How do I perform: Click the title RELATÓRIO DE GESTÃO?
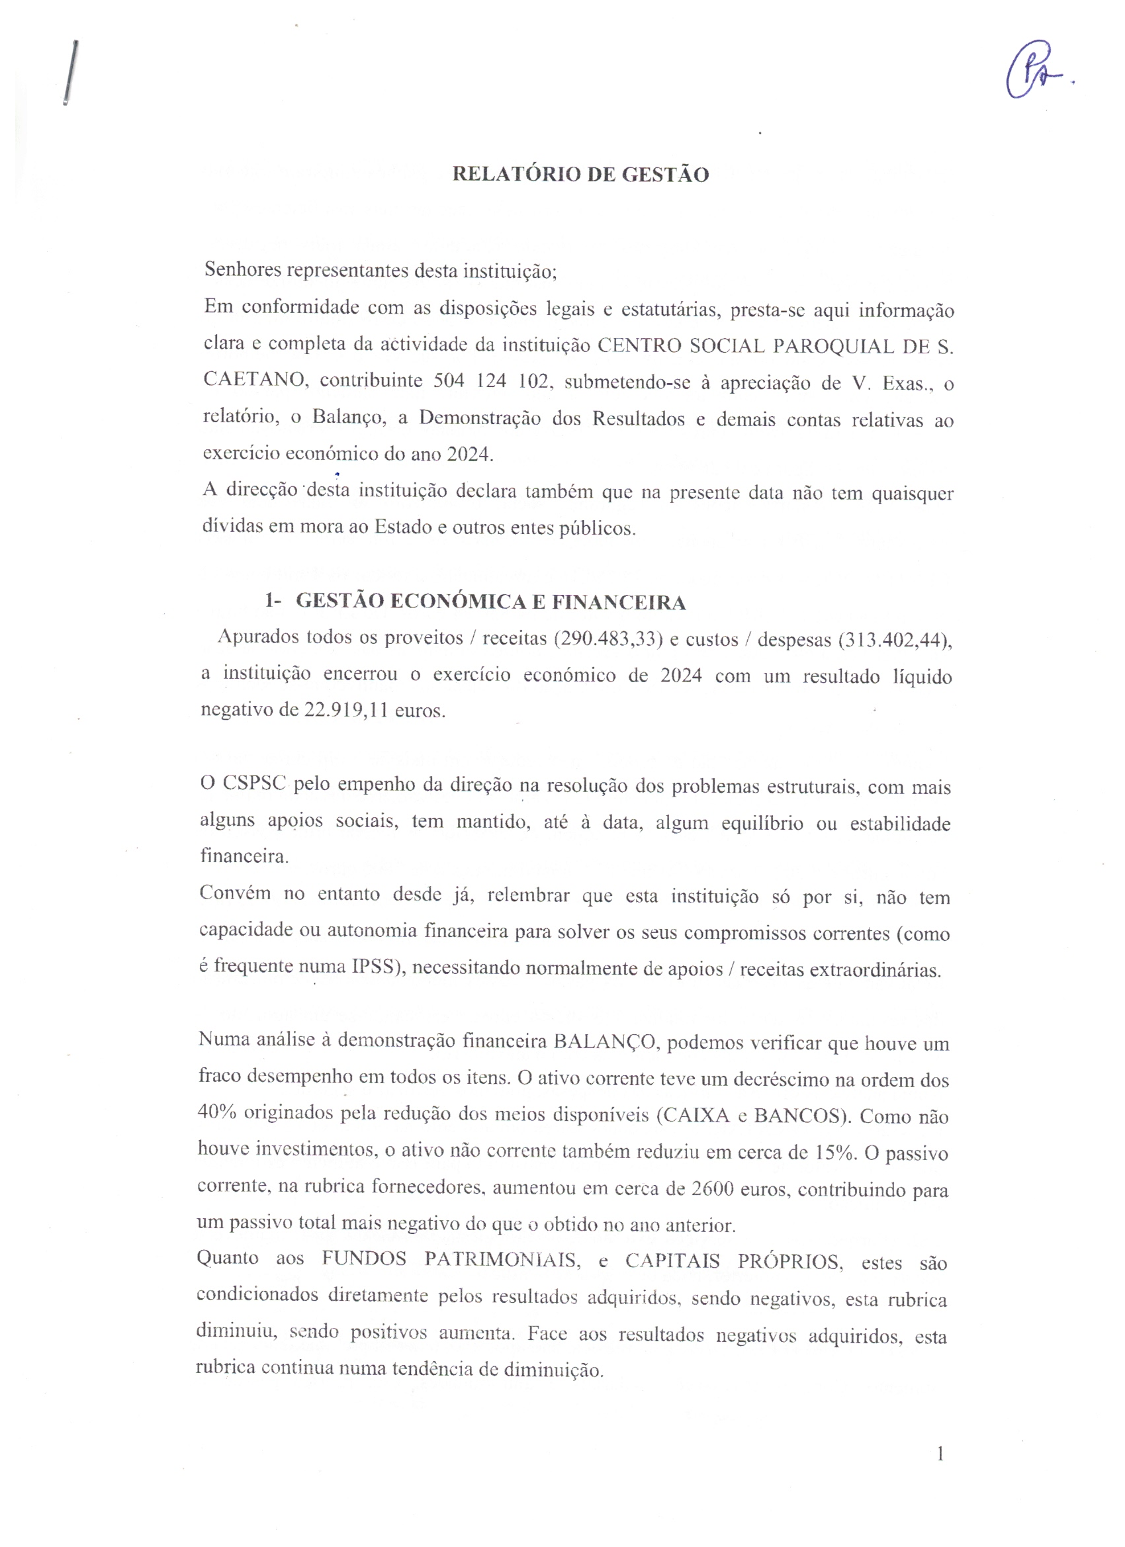(x=580, y=175)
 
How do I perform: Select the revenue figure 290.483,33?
(x=609, y=639)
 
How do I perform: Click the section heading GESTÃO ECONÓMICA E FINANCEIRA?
(x=490, y=602)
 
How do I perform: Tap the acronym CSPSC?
(x=255, y=783)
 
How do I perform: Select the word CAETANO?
(x=255, y=380)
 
